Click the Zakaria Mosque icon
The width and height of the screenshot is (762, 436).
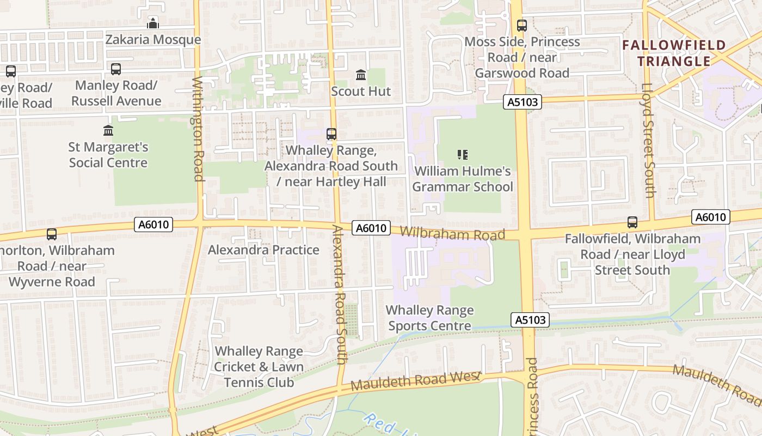153,23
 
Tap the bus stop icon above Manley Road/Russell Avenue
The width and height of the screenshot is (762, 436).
116,69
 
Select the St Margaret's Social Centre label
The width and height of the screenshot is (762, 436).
108,155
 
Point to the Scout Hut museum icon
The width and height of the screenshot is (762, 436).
361,75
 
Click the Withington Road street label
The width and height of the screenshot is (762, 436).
198,129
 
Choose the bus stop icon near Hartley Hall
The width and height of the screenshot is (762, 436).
331,134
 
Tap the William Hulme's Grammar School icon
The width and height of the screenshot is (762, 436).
463,155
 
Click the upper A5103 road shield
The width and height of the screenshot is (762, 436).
523,102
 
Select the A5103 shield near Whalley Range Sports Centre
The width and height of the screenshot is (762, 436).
530,320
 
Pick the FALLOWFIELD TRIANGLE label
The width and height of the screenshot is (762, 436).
674,53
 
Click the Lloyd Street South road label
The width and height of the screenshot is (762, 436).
648,140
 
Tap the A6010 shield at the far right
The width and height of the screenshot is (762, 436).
711,217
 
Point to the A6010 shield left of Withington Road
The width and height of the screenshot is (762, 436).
153,224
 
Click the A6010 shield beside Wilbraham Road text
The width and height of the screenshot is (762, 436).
371,228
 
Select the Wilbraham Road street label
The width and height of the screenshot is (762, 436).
452,233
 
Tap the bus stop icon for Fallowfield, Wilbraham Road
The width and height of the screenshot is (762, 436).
632,222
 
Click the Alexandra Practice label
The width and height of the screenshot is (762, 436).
263,250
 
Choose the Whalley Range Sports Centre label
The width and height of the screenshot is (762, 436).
429,318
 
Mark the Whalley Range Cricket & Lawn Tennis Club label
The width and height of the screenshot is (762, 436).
259,367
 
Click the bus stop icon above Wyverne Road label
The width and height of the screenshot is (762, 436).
52,234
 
